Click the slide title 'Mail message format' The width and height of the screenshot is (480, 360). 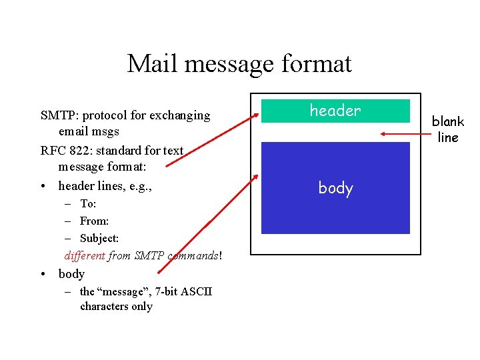(239, 64)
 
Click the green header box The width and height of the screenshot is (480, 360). (335, 111)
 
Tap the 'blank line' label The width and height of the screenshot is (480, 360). (447, 129)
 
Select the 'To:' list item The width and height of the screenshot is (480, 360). (88, 203)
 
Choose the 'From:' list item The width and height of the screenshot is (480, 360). (94, 221)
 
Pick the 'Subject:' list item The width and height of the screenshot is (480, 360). (99, 238)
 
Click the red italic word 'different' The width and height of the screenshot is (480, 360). (85, 255)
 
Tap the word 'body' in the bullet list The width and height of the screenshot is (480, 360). (71, 273)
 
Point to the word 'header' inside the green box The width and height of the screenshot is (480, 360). (335, 111)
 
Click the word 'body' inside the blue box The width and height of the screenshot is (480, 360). (335, 188)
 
